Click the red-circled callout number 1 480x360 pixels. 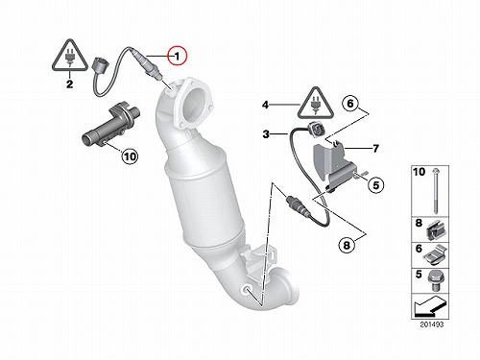pos(177,57)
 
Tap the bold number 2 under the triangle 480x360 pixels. pos(69,84)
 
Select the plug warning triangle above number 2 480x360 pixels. pos(70,55)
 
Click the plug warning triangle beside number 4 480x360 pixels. pos(316,103)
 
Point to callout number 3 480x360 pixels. pos(266,134)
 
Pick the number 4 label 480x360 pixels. pos(265,105)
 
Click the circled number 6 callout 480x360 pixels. pos(350,103)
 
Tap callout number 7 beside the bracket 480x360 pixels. pos(375,149)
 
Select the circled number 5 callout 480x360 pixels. pos(375,185)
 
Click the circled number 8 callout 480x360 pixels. pos(347,245)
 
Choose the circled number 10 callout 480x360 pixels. pos(130,156)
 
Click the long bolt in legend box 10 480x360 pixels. pos(436,190)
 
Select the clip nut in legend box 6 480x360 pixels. pos(436,255)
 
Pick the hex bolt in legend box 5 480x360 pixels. pos(435,280)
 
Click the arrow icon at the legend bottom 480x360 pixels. pos(430,306)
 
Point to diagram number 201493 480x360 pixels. pos(432,324)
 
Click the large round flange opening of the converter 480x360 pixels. pos(195,104)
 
